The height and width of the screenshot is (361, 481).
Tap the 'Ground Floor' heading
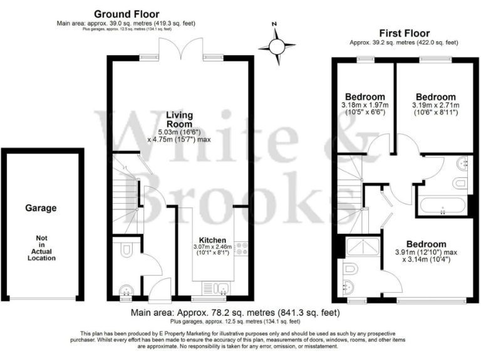coord(126,14)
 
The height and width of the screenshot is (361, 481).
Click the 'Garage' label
coord(40,208)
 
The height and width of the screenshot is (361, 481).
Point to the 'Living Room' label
coord(179,120)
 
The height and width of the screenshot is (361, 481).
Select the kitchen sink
coord(219,288)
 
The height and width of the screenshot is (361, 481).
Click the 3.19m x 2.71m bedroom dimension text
coord(435,108)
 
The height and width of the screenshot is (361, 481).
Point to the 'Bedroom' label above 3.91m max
coord(426,244)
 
